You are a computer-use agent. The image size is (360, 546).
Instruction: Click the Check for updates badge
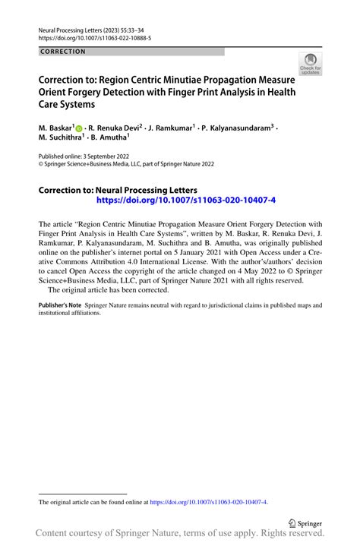[310, 65]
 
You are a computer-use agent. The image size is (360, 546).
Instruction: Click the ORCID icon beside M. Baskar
[80, 128]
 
